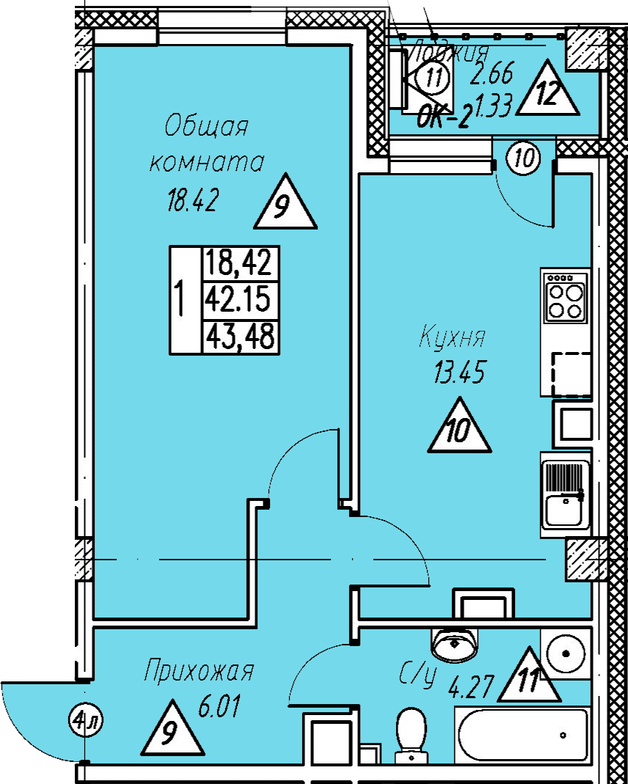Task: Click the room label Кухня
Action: click(453, 338)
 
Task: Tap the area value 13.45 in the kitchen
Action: click(460, 374)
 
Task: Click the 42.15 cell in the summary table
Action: click(238, 298)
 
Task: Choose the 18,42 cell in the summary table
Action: click(238, 261)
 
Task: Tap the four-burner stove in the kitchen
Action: click(566, 296)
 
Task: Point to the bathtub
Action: click(522, 734)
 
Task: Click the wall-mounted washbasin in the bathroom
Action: click(455, 643)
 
